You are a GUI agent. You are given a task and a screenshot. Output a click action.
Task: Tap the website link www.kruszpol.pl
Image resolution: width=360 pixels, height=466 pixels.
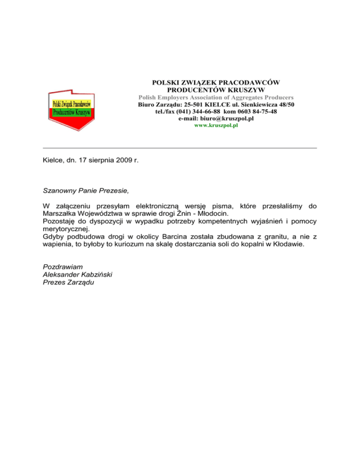(217, 126)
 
